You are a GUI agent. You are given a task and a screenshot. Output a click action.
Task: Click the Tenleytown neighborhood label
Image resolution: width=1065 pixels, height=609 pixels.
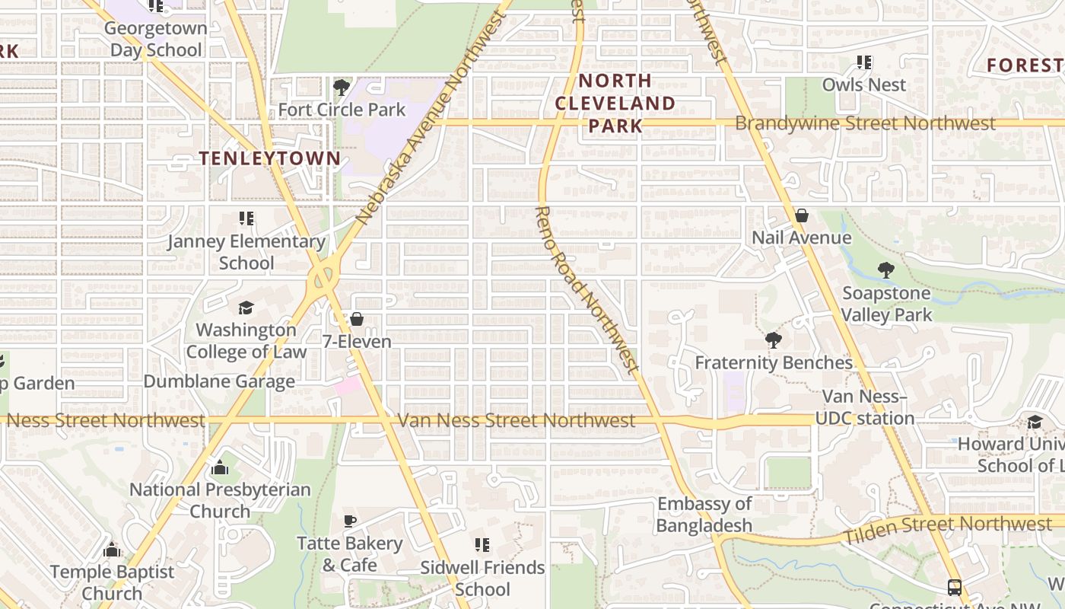coord(269,158)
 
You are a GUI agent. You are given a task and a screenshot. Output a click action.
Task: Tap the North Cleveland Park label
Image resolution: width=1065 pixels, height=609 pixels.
coord(615,103)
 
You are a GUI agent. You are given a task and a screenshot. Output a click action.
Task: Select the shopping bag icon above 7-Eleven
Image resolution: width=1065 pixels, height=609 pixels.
coord(356,319)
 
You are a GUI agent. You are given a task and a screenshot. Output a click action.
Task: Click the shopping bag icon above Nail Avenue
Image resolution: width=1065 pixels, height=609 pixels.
coord(801,215)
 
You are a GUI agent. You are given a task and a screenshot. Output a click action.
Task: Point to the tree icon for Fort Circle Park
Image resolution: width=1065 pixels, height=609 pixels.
coord(342,87)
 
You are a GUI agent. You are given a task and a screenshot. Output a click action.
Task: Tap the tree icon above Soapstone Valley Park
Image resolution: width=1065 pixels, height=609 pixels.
coord(885,269)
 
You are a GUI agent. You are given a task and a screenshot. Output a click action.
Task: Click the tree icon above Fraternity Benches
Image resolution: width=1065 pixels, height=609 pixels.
coord(774,340)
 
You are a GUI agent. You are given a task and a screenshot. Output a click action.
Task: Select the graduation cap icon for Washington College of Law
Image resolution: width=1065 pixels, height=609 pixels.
coord(246,308)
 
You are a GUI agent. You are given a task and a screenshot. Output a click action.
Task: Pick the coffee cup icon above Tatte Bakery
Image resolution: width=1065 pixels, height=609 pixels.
coord(349,521)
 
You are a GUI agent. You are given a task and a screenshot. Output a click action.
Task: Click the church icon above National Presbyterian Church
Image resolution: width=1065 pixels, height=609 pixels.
coord(220,467)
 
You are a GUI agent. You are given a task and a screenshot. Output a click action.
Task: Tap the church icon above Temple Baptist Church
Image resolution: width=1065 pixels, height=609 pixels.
coord(112,549)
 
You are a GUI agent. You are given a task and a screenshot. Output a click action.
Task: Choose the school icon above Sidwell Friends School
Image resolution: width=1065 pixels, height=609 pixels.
coord(482,545)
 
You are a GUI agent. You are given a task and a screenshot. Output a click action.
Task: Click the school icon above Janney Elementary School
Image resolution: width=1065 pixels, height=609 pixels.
coord(246,219)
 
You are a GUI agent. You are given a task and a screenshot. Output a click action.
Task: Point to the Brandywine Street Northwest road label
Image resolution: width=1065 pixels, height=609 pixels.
coord(865,123)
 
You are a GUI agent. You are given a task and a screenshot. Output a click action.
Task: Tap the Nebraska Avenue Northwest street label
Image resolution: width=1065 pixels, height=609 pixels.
coord(431,120)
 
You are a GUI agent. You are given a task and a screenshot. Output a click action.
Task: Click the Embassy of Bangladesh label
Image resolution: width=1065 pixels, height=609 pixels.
coord(704,515)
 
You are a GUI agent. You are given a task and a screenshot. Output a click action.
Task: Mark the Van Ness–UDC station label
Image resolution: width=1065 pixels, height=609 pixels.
coord(865,407)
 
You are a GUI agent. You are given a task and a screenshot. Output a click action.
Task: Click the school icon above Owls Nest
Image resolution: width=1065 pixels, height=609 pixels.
coord(863,62)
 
